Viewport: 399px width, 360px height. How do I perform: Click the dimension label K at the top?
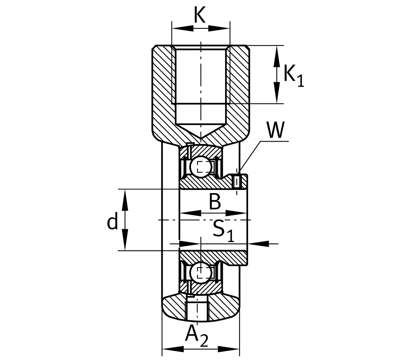200,15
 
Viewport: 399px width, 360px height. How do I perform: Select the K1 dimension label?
294,76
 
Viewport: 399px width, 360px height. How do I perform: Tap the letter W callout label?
275,130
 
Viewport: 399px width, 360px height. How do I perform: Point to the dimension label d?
112,222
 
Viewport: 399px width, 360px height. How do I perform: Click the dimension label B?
215,202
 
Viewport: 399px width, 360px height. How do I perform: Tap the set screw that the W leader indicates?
237,181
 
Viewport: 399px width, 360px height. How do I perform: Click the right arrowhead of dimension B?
237,213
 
